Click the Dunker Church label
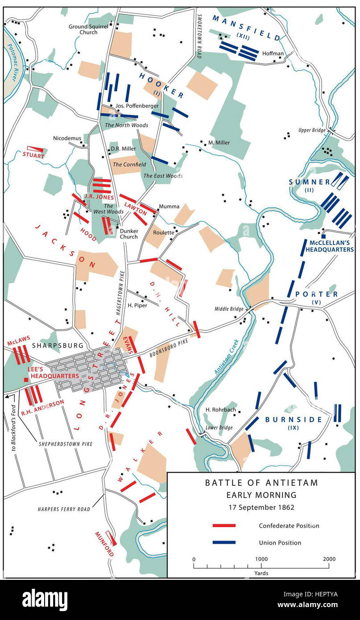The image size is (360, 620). [128, 234]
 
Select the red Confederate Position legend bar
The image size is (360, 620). [224, 525]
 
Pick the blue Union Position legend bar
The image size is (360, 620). [224, 542]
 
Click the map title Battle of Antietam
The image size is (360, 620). [261, 483]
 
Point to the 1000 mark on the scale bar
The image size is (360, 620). [261, 559]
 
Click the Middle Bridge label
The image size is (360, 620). [229, 309]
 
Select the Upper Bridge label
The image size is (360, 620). [313, 131]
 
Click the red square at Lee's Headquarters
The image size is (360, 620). [26, 380]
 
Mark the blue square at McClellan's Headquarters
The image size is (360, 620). [323, 236]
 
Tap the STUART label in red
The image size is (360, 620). [33, 156]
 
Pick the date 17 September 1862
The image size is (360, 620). [261, 507]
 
